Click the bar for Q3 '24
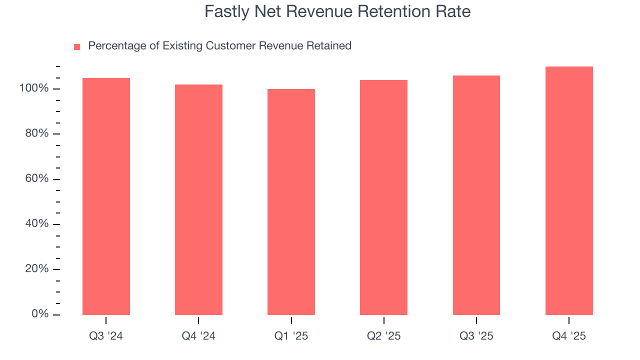106,196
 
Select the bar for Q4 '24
198,200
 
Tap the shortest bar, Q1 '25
291,202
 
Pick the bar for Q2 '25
383,197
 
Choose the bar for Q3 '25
476,195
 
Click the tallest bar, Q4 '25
569,191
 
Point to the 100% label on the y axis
34,88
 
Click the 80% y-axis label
36,133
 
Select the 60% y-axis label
36,178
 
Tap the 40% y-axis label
36,223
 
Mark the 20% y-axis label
36,269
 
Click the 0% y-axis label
39,314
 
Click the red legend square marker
77,47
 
